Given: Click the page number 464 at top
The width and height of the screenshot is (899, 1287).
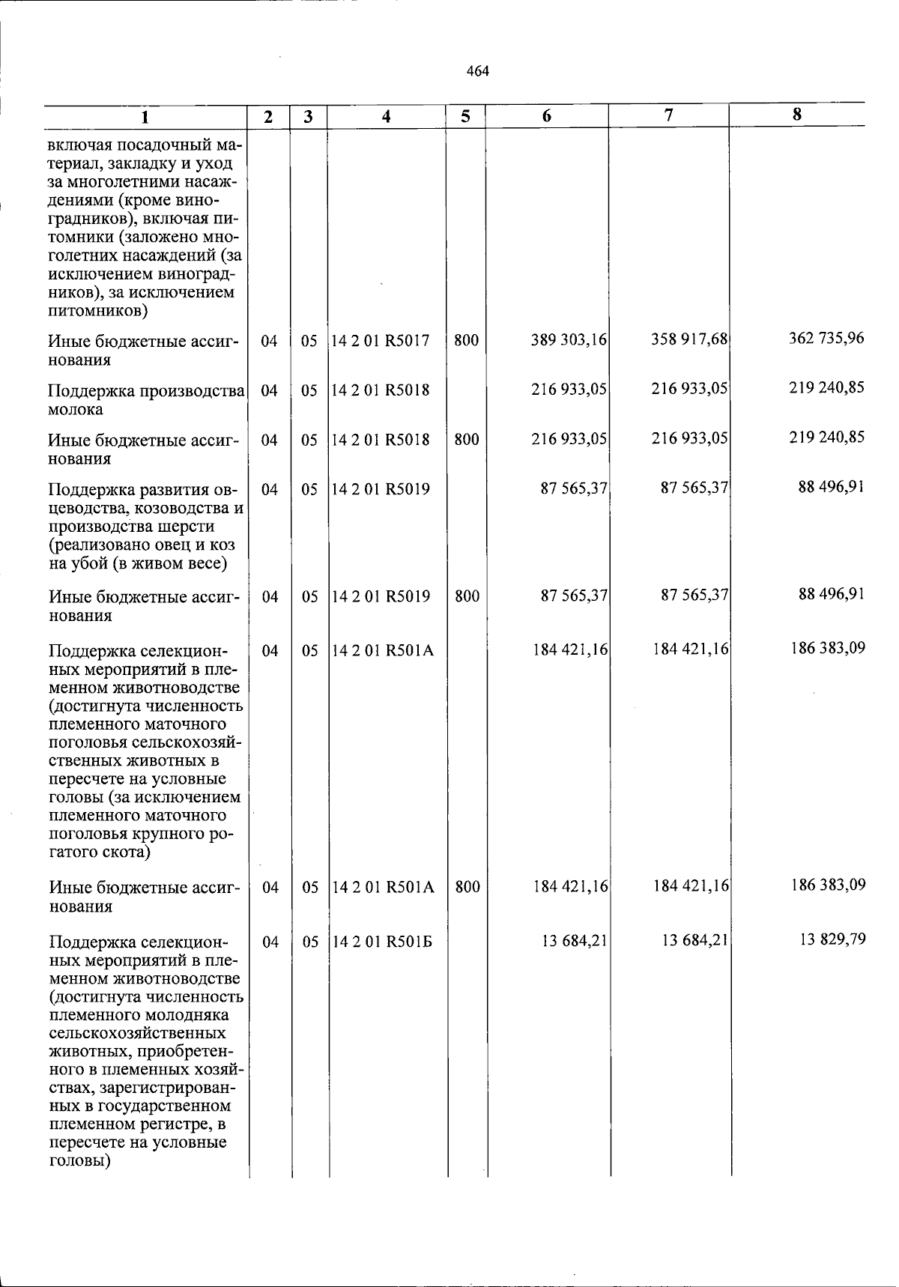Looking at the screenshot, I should pyautogui.click(x=477, y=72).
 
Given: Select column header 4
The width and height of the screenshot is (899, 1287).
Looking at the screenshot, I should pyautogui.click(x=386, y=117).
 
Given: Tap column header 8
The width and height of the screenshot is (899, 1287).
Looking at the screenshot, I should pyautogui.click(x=797, y=115).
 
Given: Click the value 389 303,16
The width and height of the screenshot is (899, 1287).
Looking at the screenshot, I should pyautogui.click(x=569, y=340).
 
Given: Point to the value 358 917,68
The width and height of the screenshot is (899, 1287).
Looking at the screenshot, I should pyautogui.click(x=689, y=339).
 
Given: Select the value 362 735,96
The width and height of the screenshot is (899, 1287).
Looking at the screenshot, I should pyautogui.click(x=826, y=338).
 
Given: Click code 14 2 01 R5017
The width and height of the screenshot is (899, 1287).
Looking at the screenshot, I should pyautogui.click(x=381, y=341).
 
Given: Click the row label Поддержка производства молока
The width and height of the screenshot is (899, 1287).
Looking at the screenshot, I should pyautogui.click(x=146, y=400).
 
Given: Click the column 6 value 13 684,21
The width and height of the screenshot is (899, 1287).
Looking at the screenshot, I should pyautogui.click(x=575, y=941).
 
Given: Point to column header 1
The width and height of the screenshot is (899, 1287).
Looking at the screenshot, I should pyautogui.click(x=145, y=117).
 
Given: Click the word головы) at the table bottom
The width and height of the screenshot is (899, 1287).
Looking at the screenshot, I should pyautogui.click(x=80, y=1161).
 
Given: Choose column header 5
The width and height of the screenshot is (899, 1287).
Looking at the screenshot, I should pyautogui.click(x=466, y=117).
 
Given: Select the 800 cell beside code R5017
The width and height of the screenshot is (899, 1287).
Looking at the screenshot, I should pyautogui.click(x=466, y=341).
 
